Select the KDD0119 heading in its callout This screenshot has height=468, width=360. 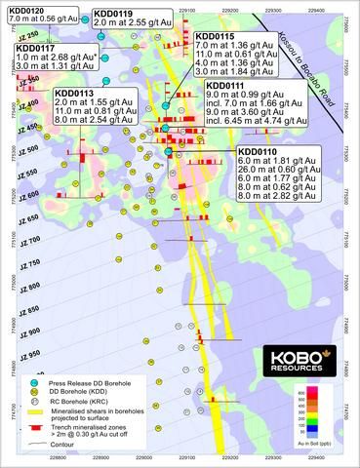[113, 14]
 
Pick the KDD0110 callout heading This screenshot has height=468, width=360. [259, 151]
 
